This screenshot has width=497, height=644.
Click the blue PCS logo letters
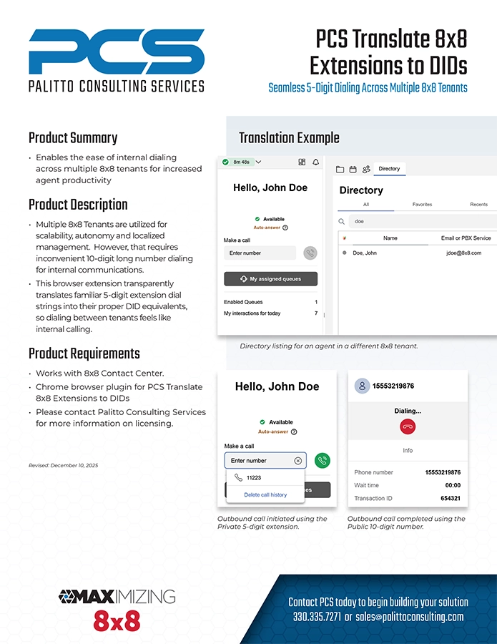(x=116, y=52)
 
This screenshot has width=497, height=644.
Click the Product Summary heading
(x=73, y=138)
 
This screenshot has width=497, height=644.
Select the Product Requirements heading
(x=84, y=353)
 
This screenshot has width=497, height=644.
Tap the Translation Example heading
(x=289, y=138)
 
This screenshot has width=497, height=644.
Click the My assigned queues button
(x=270, y=279)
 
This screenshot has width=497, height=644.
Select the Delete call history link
(x=265, y=494)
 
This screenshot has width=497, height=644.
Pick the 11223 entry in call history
(x=253, y=477)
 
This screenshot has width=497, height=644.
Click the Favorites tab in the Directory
(x=422, y=205)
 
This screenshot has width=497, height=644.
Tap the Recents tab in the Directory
(x=478, y=205)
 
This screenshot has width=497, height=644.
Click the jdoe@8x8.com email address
(x=463, y=253)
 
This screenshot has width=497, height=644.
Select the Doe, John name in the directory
(x=365, y=253)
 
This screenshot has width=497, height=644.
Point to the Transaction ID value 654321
(x=450, y=498)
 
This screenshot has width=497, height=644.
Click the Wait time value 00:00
(x=452, y=485)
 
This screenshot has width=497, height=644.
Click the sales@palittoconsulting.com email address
(x=410, y=616)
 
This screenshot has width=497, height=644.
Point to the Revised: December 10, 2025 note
(x=64, y=466)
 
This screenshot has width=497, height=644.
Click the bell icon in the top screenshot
(x=315, y=162)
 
